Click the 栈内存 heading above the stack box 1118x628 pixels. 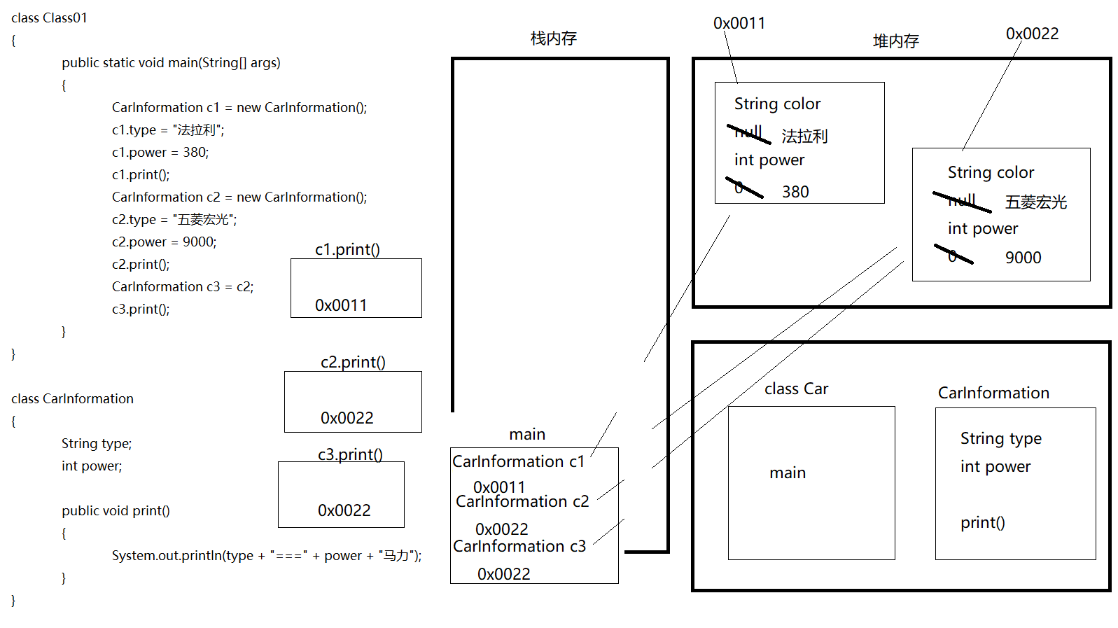coord(553,39)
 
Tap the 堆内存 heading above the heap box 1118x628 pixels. coord(895,41)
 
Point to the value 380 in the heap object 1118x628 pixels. coord(795,192)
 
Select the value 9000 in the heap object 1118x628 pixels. coord(1023,258)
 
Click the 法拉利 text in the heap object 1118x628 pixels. coord(804,136)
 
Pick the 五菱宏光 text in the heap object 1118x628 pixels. coord(1035,202)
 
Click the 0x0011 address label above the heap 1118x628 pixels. coord(739,23)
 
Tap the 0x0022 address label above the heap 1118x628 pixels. coord(1032,34)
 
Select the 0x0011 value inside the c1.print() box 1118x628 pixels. coord(341,305)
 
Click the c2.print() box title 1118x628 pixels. coord(353,362)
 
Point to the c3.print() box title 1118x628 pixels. coord(350,454)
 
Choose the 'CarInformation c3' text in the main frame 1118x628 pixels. coord(519,546)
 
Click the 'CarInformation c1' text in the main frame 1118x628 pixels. coord(518,461)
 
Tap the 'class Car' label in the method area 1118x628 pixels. coord(796,389)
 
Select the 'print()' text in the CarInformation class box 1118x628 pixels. coord(982,522)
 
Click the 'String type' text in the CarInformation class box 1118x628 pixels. coord(1000,438)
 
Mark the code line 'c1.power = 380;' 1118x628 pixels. coord(160,152)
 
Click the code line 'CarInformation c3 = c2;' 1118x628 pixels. coord(183,286)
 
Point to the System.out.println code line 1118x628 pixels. coord(267,555)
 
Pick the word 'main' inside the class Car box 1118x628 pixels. coord(788,473)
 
